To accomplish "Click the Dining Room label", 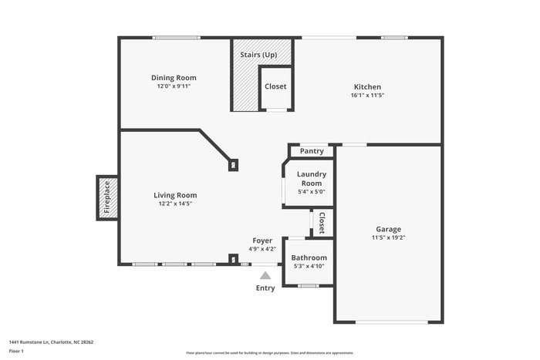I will (x=174, y=77).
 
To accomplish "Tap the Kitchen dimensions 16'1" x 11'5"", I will (x=367, y=96).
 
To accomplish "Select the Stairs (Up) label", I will (x=258, y=55).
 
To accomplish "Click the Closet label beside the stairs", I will (x=275, y=86).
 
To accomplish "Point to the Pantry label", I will (x=312, y=151).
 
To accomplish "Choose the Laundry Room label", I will (x=312, y=178).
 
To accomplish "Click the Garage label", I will (x=388, y=229).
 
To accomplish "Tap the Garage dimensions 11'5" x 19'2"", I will (x=388, y=238).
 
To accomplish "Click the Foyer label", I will (x=262, y=241).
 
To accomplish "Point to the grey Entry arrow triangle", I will (x=265, y=275).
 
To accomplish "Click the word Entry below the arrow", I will (x=265, y=288).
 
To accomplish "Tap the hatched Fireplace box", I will (x=107, y=197).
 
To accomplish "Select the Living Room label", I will (x=175, y=195).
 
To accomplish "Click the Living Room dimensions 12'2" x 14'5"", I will (x=175, y=204).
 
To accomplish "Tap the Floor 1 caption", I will (x=16, y=351).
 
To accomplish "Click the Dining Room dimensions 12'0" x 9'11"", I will (x=174, y=86).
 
